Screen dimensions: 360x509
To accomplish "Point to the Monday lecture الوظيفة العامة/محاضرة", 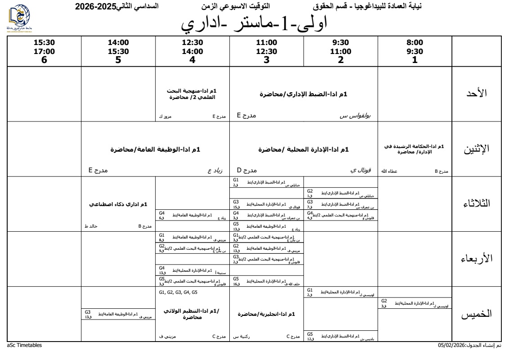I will [x=155, y=149].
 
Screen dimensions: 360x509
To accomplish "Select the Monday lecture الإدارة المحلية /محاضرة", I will [x=304, y=149].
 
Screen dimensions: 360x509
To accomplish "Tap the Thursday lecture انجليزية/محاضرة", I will [x=266, y=314].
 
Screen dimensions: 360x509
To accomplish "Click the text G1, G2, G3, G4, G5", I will [x=179, y=292].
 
